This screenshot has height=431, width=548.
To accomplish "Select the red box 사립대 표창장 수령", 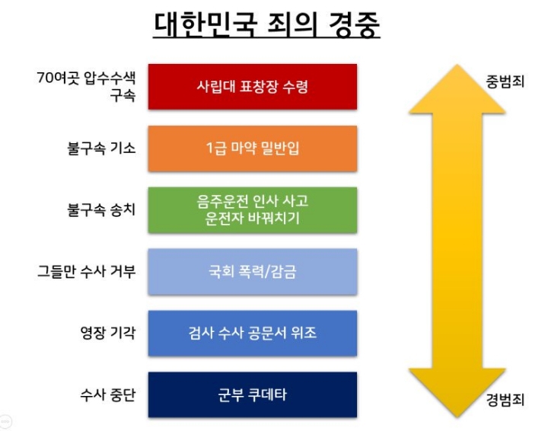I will click(x=252, y=87).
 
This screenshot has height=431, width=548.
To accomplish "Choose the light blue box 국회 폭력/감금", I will click(x=252, y=271).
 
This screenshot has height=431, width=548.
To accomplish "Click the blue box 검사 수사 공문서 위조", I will click(x=252, y=333).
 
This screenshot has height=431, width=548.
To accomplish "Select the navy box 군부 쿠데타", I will click(x=252, y=394).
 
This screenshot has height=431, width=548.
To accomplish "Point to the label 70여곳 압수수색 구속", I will click(x=86, y=87).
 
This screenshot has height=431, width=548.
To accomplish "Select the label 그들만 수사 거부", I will click(x=86, y=271).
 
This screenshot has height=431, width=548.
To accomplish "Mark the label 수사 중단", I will click(x=107, y=394).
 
